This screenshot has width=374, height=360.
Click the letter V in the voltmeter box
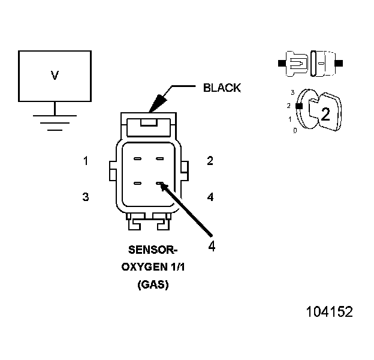(x=55, y=76)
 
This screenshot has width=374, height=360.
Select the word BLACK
(x=222, y=88)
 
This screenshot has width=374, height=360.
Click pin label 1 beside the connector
(x=86, y=161)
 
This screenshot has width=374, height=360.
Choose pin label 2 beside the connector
(x=210, y=161)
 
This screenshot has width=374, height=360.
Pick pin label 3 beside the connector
(x=86, y=196)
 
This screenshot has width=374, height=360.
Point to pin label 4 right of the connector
(x=210, y=196)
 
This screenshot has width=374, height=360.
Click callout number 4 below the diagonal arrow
(x=211, y=245)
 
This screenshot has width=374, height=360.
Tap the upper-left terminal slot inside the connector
(x=137, y=159)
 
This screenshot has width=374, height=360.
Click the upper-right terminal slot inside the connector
(x=159, y=159)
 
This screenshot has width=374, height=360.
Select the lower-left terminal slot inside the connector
(x=137, y=183)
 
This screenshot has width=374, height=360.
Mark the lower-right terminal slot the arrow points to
(x=159, y=183)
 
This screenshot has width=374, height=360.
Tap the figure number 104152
(x=329, y=312)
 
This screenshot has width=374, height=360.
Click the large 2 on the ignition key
(x=325, y=115)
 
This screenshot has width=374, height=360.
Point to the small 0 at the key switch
(x=295, y=130)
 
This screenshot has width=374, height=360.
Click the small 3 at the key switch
(x=292, y=92)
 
